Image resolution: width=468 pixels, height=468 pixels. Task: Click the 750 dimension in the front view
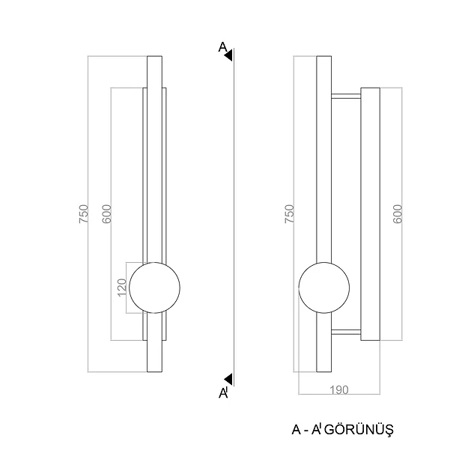(x=84, y=213)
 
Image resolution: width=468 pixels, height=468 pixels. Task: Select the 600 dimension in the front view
(x=106, y=213)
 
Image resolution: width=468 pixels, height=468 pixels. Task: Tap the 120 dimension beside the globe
(x=122, y=288)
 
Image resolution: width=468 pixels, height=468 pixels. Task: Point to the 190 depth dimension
(x=339, y=390)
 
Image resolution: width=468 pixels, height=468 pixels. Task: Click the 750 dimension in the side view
(x=289, y=213)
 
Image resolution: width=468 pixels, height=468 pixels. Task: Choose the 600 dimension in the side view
(x=398, y=213)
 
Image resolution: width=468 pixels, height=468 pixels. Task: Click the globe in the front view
(x=154, y=288)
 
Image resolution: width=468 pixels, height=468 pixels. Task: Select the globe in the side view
(x=323, y=288)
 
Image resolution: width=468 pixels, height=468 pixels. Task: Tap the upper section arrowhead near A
(x=228, y=55)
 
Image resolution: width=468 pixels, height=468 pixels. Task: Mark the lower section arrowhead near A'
(x=228, y=379)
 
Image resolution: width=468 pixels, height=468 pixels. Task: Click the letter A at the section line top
(x=222, y=47)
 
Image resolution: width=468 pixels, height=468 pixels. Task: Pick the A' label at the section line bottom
(x=224, y=393)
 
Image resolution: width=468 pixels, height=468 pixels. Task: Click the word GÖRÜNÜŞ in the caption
(x=359, y=430)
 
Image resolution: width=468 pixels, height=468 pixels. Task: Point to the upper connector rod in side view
(x=346, y=97)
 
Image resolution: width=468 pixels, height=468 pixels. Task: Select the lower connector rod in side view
(x=346, y=332)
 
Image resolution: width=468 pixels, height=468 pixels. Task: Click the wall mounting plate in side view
(x=370, y=213)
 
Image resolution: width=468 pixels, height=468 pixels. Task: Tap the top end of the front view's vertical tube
(x=154, y=56)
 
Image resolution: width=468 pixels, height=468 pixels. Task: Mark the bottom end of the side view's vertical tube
(x=323, y=371)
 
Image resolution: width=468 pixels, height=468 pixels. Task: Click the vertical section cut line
(x=234, y=217)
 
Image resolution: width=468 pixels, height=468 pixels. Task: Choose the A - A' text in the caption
(x=306, y=430)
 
